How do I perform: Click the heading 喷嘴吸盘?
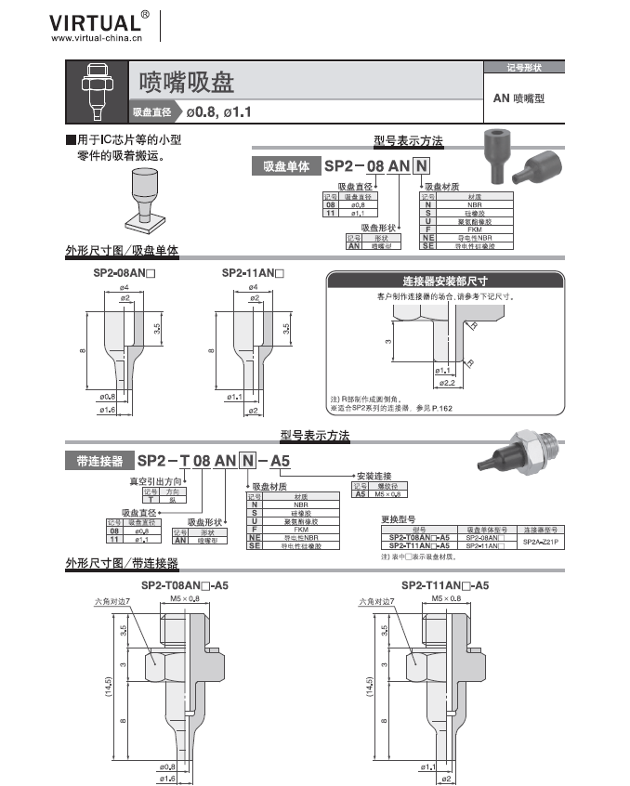point(186,83)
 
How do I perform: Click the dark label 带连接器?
point(97,461)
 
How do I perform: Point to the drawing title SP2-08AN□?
point(124,274)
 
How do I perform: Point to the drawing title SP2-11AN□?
point(252,274)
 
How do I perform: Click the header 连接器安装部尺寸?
point(445,280)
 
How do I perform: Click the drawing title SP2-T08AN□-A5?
point(186,586)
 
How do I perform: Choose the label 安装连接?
point(374,476)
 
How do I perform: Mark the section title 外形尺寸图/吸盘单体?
point(121,252)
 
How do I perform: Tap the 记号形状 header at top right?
point(524,68)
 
